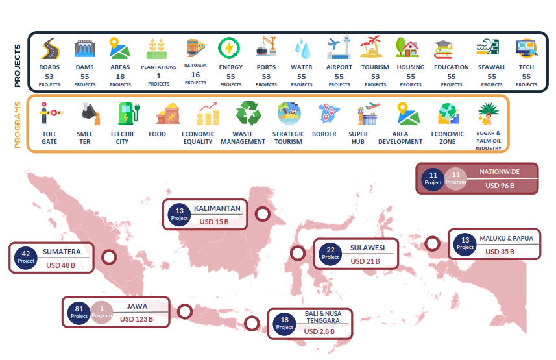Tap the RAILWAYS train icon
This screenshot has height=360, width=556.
tap(195, 49)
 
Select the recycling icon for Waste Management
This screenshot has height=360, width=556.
tap(248, 114)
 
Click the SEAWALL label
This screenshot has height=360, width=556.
tap(492, 67)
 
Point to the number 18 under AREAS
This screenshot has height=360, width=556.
tap(120, 76)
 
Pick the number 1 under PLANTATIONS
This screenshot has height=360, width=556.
tap(158, 76)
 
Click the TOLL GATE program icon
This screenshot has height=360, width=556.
tap(49, 114)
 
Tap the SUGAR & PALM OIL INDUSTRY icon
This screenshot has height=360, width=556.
tap(488, 114)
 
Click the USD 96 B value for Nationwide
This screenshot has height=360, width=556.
tap(500, 186)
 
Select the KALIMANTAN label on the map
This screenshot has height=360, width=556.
tap(217, 208)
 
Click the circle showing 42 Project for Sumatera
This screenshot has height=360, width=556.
tap(26, 257)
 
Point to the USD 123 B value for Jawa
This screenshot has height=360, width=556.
tap(136, 318)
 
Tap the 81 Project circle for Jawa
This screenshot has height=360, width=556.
tap(79, 312)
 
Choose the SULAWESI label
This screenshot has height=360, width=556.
tap(368, 248)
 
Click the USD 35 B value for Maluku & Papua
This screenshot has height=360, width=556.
tap(500, 252)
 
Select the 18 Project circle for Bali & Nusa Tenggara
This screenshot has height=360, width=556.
tap(284, 323)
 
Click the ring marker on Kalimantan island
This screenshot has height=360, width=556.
tap(263, 214)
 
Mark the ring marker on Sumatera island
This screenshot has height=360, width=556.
tap(109, 257)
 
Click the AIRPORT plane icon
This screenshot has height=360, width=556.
tap(339, 49)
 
